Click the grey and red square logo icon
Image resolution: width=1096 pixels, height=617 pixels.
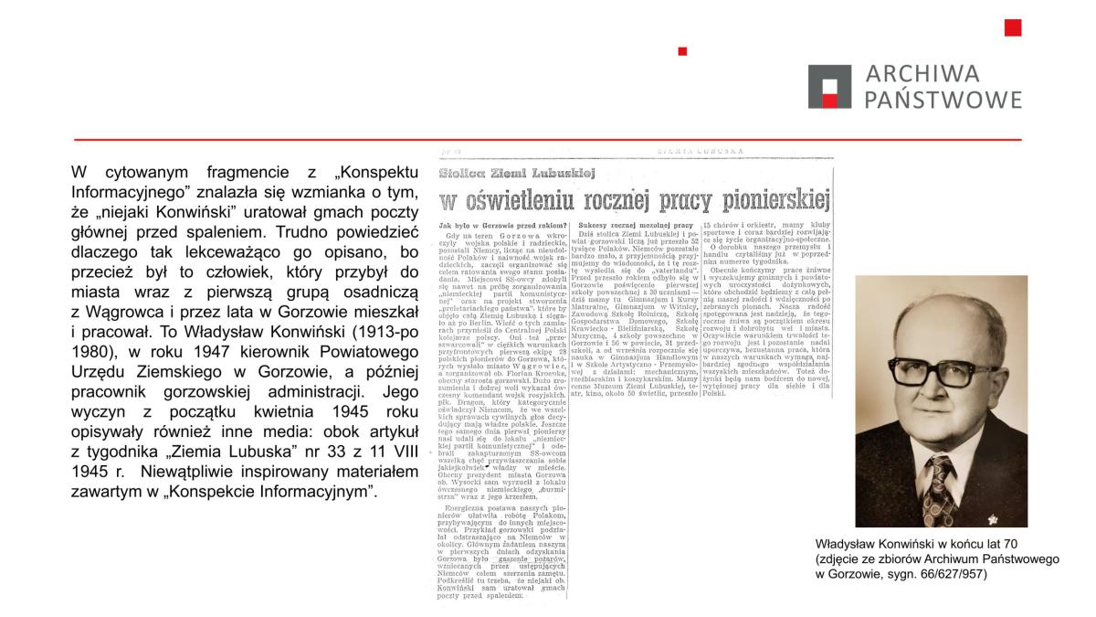click(830, 87)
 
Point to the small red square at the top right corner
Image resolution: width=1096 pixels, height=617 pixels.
click(1012, 27)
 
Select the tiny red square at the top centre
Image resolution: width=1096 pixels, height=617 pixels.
click(682, 51)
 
